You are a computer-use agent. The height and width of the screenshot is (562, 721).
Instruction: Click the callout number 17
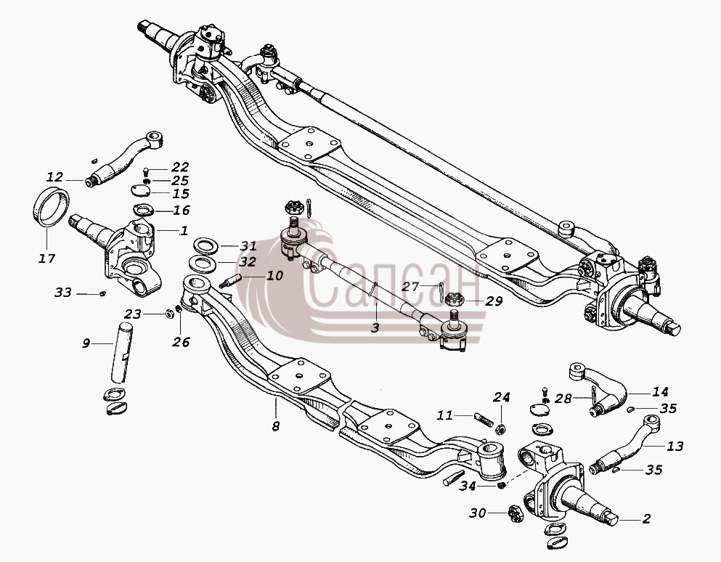point(46,258)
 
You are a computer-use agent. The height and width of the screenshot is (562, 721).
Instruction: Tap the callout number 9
point(86,343)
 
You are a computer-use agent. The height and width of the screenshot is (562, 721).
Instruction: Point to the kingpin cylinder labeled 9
point(121,353)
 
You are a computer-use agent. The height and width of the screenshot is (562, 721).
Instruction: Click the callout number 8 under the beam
point(275,426)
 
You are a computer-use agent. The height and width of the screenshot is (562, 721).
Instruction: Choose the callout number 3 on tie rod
point(375,328)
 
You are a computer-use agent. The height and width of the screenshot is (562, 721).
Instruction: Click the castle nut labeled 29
point(455,299)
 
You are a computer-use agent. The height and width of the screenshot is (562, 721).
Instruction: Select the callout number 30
point(478,513)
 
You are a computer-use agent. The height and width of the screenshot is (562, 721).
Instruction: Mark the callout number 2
point(646,518)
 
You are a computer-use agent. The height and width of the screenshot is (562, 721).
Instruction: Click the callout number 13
point(675,446)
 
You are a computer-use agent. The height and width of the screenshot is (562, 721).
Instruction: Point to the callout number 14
point(660,392)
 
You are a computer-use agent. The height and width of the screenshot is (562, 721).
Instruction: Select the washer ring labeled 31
point(205,245)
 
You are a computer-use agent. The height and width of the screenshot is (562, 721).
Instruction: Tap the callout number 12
point(54,177)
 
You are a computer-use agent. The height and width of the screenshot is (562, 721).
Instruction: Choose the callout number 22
point(180,166)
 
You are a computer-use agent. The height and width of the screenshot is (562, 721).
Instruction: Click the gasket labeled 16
point(144,210)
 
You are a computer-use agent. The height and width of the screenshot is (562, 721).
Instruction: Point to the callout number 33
point(63,293)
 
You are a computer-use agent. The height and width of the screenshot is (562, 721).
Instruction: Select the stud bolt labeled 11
point(484,420)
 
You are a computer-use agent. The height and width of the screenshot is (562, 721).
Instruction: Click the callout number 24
point(502,397)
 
